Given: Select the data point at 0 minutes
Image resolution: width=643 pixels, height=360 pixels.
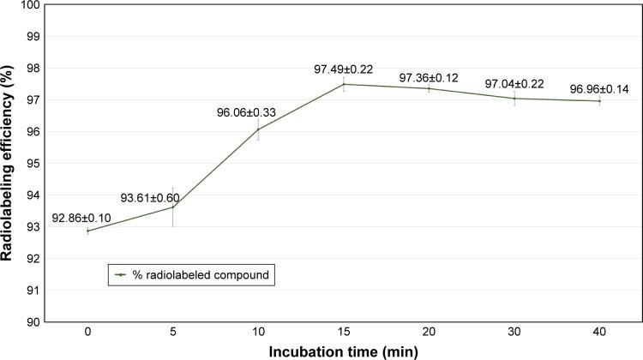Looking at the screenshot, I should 87,231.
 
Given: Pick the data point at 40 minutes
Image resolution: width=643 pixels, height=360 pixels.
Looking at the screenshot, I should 599,101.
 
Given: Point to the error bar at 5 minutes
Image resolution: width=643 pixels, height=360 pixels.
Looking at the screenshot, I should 173,207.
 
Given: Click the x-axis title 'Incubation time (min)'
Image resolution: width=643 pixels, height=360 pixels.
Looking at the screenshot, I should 342,352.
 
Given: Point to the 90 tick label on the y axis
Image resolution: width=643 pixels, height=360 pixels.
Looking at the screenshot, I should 33,322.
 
